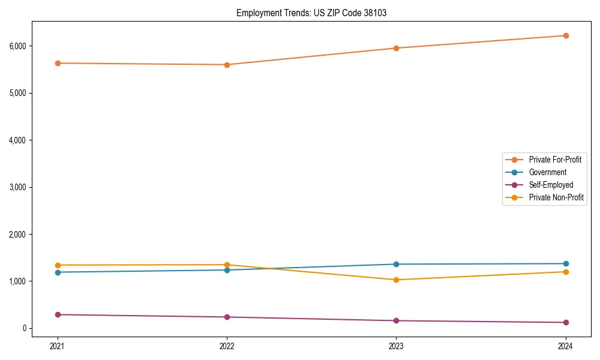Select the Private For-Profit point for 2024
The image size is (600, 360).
(x=566, y=36)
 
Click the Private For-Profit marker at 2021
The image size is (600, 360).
(x=58, y=63)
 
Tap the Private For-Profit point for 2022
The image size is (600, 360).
(x=227, y=65)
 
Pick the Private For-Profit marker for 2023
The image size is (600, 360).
(x=397, y=48)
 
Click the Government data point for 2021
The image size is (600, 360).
(x=58, y=272)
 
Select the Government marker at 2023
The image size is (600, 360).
(x=397, y=264)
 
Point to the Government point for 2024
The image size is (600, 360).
(x=566, y=263)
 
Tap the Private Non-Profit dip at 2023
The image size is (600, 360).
(x=397, y=280)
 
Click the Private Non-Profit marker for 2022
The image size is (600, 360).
(x=227, y=265)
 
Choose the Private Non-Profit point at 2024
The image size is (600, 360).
(x=566, y=272)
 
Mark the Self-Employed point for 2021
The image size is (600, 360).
(x=58, y=314)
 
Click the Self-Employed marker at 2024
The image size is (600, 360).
(x=566, y=322)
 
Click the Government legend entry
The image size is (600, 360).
(x=547, y=172)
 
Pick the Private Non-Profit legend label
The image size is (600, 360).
(x=556, y=197)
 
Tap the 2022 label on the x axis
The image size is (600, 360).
(x=227, y=346)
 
